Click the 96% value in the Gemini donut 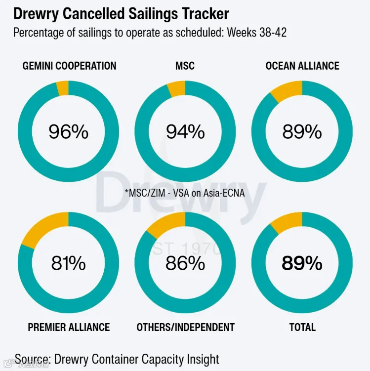68,131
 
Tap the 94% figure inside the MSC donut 185,131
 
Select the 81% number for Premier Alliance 68,263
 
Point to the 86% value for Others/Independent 185,263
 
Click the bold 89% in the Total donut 302,263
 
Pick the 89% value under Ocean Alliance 302,131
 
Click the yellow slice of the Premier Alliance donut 45,228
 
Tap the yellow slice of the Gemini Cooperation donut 63,88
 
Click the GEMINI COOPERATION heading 69,66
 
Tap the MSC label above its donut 185,66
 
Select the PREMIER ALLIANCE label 69,327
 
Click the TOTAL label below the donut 302,327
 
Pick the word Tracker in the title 205,14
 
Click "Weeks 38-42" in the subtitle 257,33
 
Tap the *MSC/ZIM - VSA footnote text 185,193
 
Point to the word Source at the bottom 33,359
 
